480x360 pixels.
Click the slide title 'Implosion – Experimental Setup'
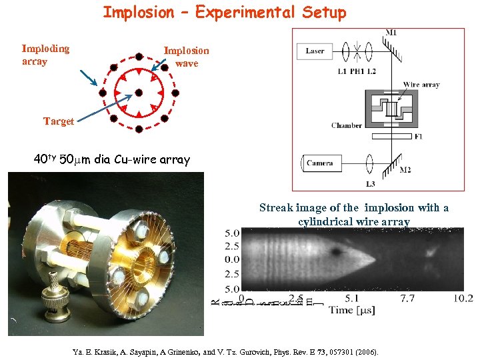point(225,13)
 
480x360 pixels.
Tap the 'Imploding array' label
point(45,55)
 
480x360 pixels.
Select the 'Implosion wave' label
point(186,57)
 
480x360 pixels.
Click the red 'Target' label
point(59,121)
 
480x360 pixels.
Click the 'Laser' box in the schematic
point(315,51)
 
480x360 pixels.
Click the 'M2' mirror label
point(404,170)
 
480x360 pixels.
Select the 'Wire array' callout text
point(421,85)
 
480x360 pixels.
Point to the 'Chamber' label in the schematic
point(347,125)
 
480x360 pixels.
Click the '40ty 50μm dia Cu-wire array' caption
point(112,160)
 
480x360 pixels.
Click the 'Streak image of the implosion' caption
point(353,214)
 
